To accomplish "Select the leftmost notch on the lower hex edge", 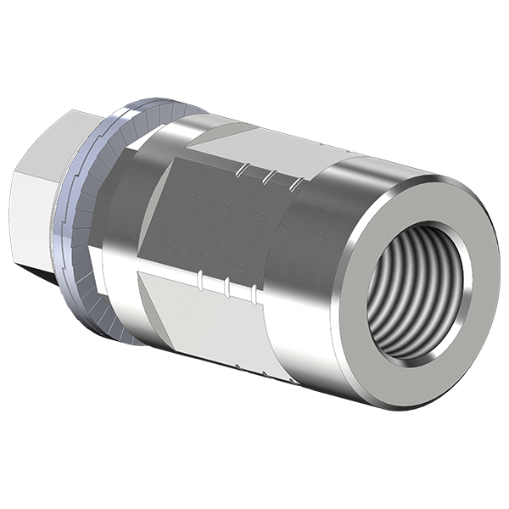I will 200,277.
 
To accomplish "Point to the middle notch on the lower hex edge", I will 227,283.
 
